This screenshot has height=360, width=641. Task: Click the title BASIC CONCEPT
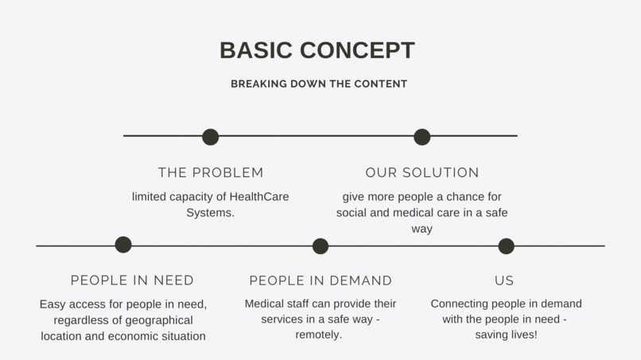click(x=317, y=50)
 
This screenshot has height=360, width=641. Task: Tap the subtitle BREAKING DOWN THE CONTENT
click(x=319, y=83)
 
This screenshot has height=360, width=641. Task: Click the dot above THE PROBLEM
click(x=210, y=137)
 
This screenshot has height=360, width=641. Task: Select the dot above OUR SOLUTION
click(x=422, y=137)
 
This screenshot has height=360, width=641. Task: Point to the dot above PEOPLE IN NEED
click(x=123, y=245)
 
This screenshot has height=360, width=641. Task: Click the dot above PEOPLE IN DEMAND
click(x=320, y=246)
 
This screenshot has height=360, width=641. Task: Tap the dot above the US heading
click(x=506, y=246)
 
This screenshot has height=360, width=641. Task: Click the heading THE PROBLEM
click(x=211, y=172)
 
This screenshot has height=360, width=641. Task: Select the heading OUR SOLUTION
click(x=422, y=172)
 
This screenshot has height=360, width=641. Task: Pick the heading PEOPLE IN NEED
click(x=132, y=281)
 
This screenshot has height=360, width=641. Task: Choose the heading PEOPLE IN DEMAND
click(x=320, y=281)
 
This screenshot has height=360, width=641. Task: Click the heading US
click(x=504, y=281)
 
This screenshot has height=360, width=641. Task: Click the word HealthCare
click(x=258, y=196)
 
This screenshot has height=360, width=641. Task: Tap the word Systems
click(x=210, y=212)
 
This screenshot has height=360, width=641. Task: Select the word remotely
click(x=318, y=335)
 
